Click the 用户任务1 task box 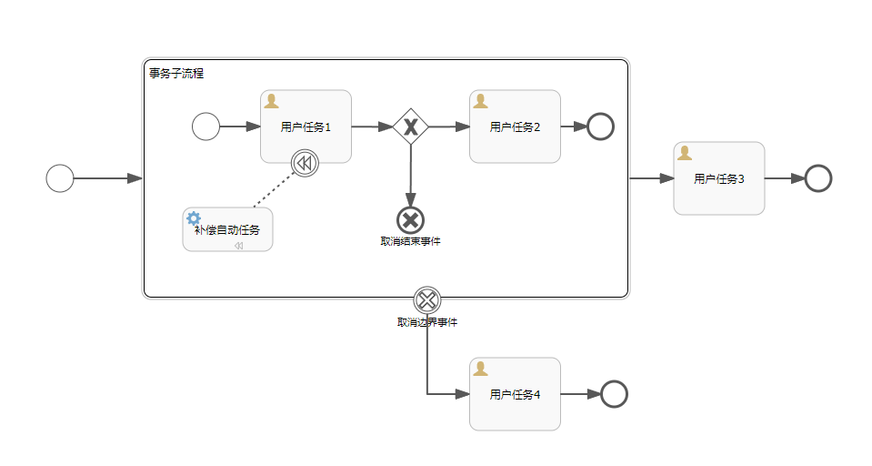(x=306, y=127)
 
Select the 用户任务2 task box (x=515, y=127)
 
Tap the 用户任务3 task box (x=718, y=178)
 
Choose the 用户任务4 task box (x=515, y=394)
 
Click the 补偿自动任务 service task (x=227, y=229)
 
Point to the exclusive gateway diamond (x=410, y=127)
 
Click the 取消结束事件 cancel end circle (x=410, y=219)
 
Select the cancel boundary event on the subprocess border (x=426, y=299)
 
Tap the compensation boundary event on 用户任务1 (x=305, y=163)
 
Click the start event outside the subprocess (x=60, y=178)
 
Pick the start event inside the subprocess (x=205, y=127)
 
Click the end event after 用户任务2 (x=600, y=127)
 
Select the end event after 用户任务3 (x=817, y=178)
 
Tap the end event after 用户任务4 (x=614, y=394)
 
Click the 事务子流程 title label (x=176, y=73)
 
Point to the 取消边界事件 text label (x=426, y=322)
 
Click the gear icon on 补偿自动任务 (x=193, y=218)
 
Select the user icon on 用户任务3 (x=685, y=153)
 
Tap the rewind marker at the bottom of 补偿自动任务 (x=238, y=246)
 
